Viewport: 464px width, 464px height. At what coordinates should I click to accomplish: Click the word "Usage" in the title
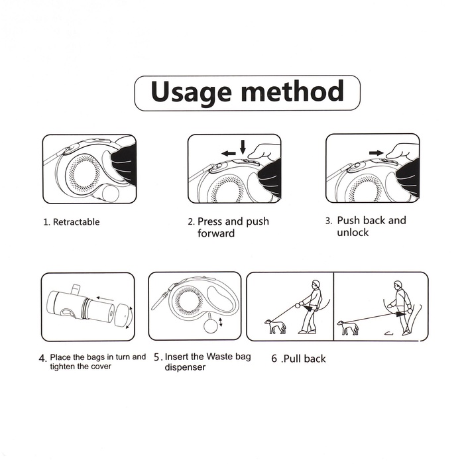191,92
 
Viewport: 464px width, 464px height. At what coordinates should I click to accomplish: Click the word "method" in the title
292,91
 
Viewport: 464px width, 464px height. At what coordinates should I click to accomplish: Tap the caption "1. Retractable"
72,222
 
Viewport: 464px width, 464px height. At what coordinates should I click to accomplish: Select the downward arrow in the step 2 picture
243,147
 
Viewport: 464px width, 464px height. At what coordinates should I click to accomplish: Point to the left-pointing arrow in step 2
229,153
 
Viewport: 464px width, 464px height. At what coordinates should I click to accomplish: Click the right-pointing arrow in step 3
377,152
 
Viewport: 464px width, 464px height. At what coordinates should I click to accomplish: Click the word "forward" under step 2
216,233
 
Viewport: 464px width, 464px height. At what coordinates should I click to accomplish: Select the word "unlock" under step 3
353,232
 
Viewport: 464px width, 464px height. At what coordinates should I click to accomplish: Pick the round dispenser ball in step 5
210,325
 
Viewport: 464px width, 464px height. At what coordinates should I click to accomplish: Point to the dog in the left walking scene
276,326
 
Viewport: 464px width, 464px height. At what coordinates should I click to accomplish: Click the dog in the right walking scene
348,327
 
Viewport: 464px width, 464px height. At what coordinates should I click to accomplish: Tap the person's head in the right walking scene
398,286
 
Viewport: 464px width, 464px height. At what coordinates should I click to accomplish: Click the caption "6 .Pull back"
298,359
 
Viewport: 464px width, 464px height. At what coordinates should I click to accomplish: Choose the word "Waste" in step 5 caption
219,357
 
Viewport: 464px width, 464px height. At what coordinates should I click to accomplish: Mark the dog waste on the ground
388,333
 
